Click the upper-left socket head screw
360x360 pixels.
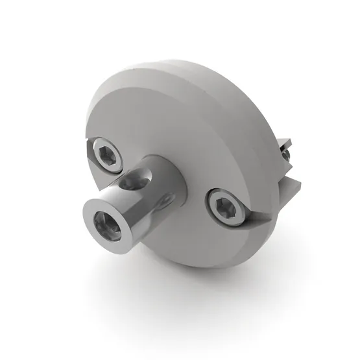pos(108,154)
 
